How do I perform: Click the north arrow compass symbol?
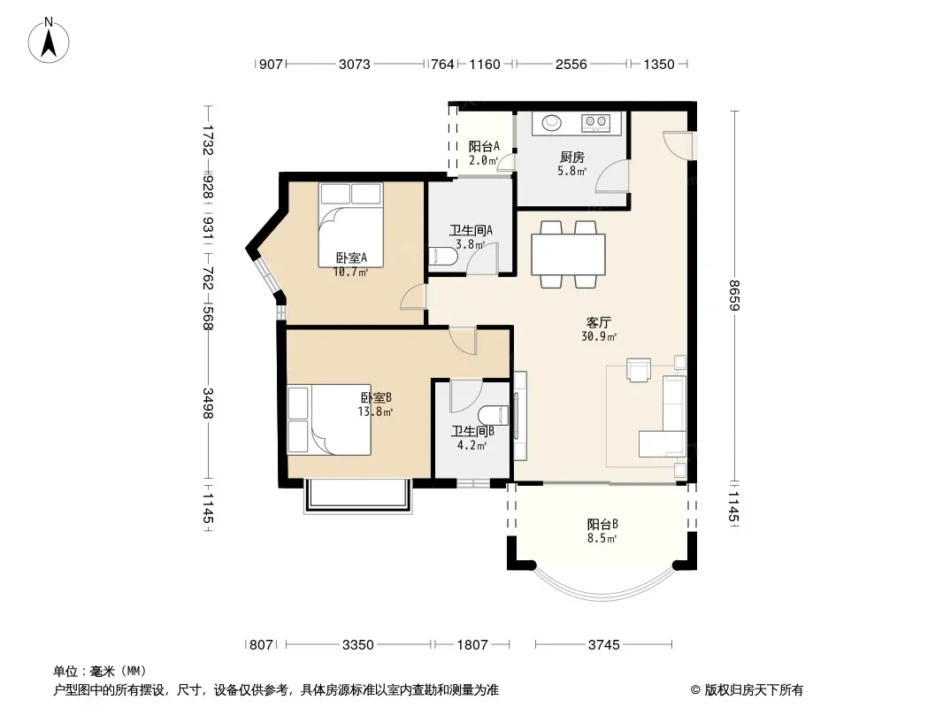point(49,41)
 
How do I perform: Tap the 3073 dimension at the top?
point(354,65)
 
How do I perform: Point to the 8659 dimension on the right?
point(733,296)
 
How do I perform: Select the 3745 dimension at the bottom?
point(604,645)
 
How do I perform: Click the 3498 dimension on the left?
point(208,403)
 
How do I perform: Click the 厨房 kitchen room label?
point(572,158)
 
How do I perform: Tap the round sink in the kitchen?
point(552,123)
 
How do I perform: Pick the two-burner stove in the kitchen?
point(595,123)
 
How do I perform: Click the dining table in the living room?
point(568,255)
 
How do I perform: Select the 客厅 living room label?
point(599,323)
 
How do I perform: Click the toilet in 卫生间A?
point(442,257)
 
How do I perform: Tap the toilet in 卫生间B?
point(494,416)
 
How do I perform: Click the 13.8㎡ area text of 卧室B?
point(375,412)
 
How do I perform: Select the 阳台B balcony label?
point(602,525)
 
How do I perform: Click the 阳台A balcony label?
point(484,146)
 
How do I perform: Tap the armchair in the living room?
point(639,369)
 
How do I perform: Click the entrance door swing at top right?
point(678,145)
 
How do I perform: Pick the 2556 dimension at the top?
point(571,65)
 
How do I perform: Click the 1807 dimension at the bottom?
point(472,645)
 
